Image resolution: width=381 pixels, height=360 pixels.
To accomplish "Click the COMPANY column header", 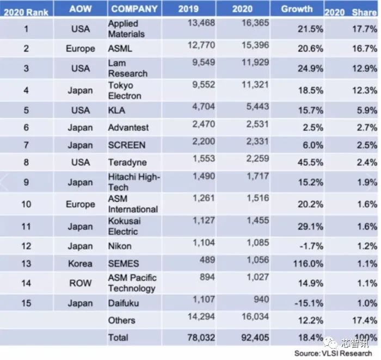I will click(134, 9).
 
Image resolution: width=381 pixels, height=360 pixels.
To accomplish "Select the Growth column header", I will click(297, 9).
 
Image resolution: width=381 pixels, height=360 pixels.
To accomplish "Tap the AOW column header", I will click(80, 9).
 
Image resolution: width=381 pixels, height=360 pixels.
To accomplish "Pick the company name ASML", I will click(120, 48).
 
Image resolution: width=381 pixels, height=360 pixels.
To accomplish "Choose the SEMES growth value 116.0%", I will click(308, 263).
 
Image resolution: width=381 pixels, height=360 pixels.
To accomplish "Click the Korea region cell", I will click(80, 263).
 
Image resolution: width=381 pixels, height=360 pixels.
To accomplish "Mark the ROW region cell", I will click(80, 283).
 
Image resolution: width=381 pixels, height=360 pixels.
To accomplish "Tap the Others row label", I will click(121, 320).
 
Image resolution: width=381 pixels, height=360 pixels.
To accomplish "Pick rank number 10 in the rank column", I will click(26, 204).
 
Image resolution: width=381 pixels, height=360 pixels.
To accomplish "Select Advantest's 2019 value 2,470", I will click(203, 123).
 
